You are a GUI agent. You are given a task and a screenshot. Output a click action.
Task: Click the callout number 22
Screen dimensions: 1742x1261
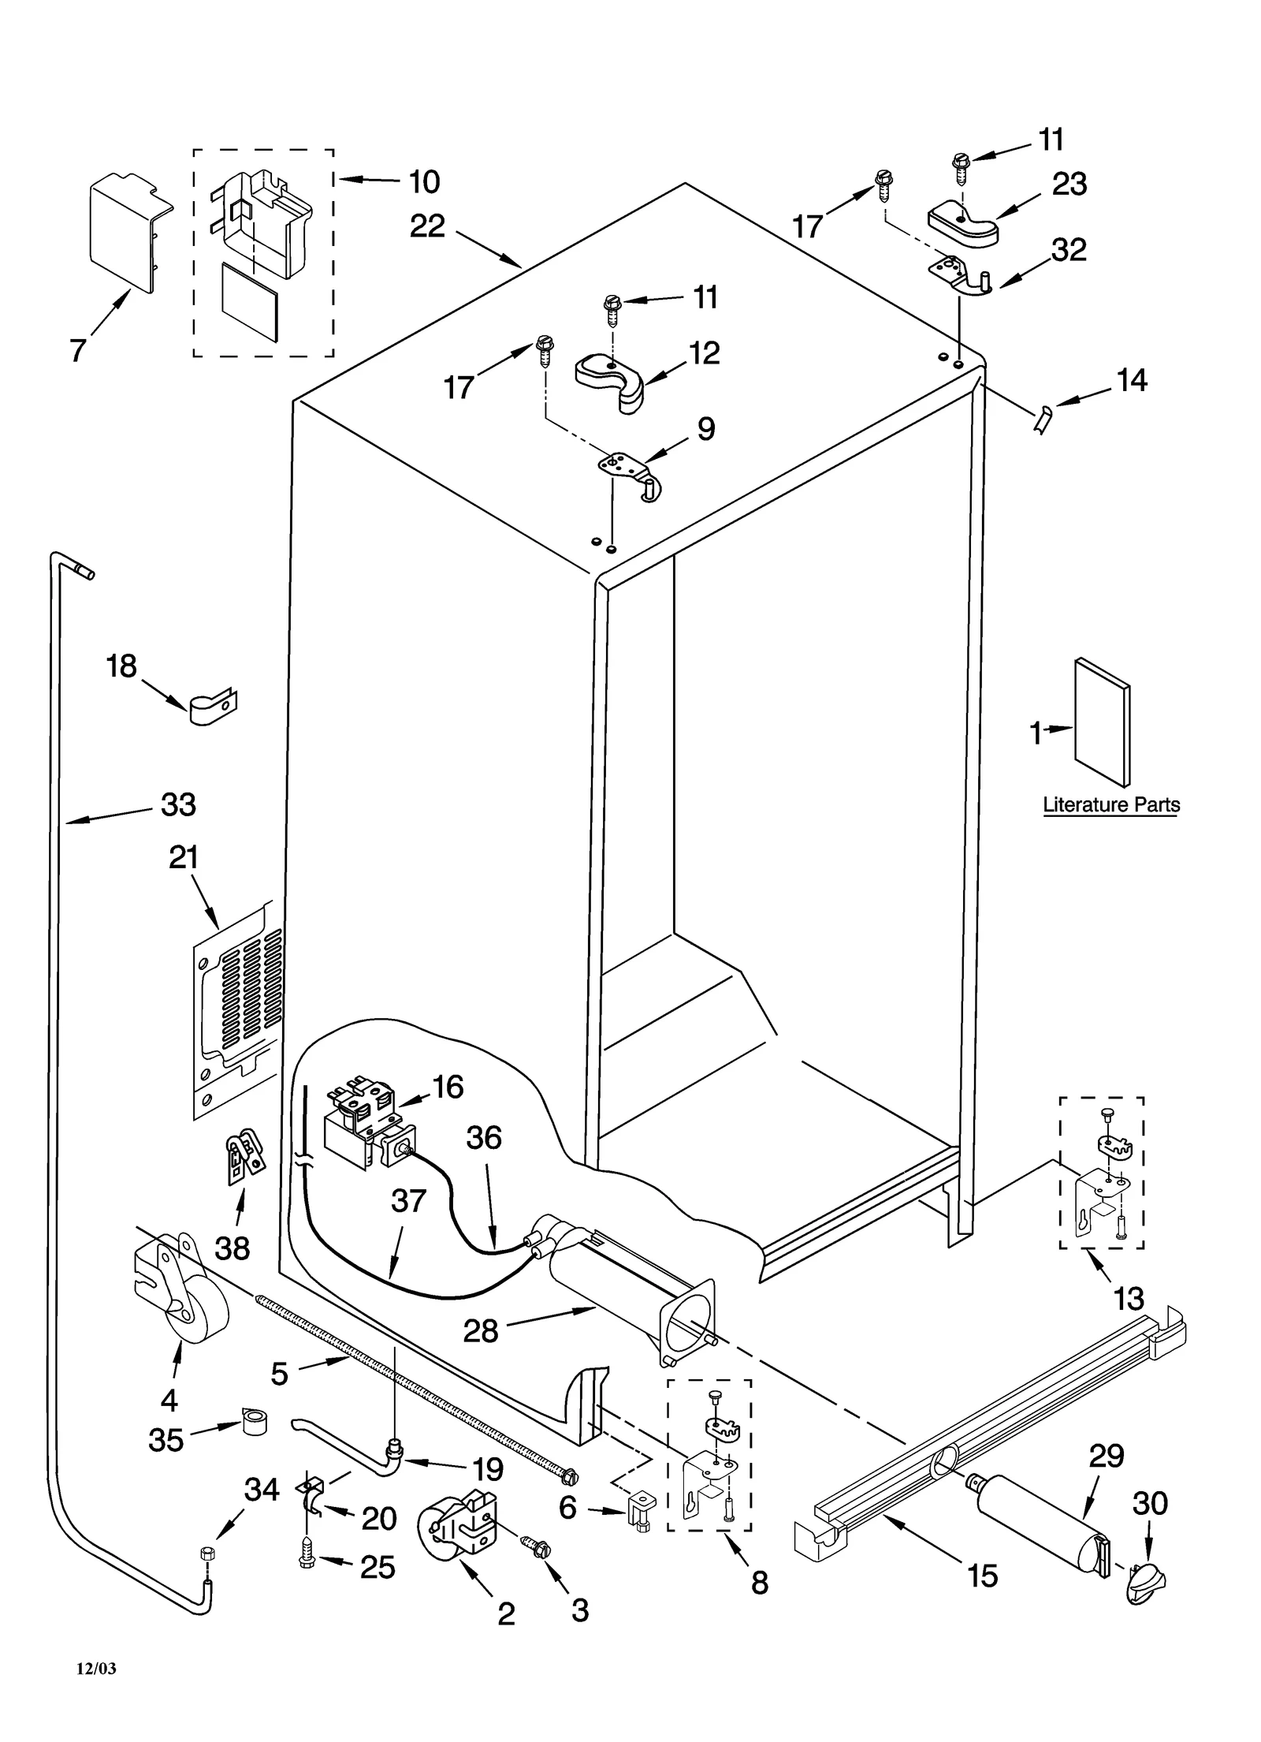(x=427, y=227)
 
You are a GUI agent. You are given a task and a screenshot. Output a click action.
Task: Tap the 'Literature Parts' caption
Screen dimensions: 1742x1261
(x=1111, y=805)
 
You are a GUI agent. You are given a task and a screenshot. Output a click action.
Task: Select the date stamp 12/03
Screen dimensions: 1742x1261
(x=96, y=1668)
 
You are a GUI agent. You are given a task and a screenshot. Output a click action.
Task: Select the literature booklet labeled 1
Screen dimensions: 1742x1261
(x=1102, y=723)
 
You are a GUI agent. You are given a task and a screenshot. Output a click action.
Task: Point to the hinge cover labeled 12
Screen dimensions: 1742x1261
(x=610, y=382)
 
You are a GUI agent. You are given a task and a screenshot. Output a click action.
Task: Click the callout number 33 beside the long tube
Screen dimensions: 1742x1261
(x=178, y=805)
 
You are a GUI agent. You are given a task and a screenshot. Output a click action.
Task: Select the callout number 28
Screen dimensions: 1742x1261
(x=480, y=1332)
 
